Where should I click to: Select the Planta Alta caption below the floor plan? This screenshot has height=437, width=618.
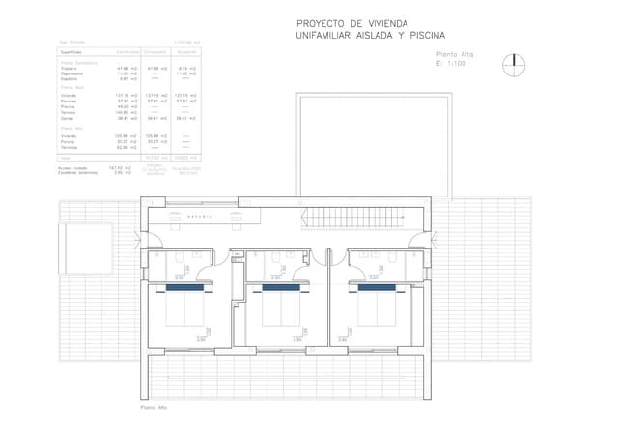[x=154, y=408]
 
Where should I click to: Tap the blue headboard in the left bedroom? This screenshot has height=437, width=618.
[x=183, y=287]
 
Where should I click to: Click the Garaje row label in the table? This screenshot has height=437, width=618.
[x=69, y=118]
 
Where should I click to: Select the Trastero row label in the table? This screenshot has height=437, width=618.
[x=69, y=68]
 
